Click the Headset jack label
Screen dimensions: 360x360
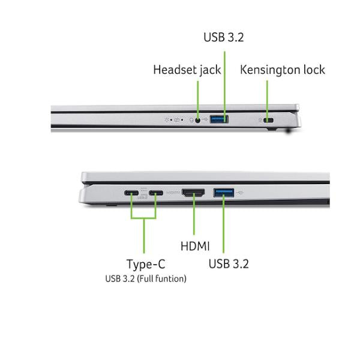click(x=187, y=70)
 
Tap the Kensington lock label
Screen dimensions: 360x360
click(x=283, y=70)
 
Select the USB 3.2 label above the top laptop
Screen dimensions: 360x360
click(x=224, y=37)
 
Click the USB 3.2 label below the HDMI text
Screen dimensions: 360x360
click(x=229, y=263)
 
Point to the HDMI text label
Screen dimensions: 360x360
click(x=195, y=246)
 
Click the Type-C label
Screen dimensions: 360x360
click(x=146, y=264)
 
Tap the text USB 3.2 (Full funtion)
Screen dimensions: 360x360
click(x=146, y=279)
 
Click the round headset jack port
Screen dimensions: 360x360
click(x=197, y=120)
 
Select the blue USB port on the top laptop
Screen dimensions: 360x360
click(x=219, y=119)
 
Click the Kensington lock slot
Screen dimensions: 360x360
click(x=268, y=120)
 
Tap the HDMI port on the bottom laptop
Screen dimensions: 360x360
click(x=193, y=193)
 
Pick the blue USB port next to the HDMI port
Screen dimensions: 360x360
click(x=224, y=193)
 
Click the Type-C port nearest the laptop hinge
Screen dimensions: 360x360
click(x=131, y=193)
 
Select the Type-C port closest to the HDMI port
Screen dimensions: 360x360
click(x=156, y=193)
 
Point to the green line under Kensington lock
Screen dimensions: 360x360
click(x=267, y=100)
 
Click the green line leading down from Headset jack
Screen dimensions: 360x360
click(x=198, y=100)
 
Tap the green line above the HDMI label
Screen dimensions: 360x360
click(x=194, y=214)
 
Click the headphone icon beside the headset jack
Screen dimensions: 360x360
click(x=191, y=120)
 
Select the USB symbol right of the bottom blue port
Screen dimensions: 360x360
click(x=240, y=193)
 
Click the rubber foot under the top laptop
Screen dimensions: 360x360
click(x=272, y=129)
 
